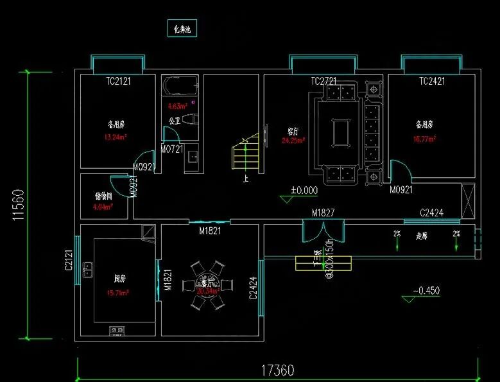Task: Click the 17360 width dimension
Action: pyautogui.click(x=277, y=370)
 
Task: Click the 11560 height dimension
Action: pyautogui.click(x=17, y=205)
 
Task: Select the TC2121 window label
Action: pyautogui.click(x=119, y=82)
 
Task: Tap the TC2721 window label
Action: pyautogui.click(x=323, y=82)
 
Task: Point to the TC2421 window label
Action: pyautogui.click(x=432, y=82)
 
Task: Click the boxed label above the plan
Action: pyautogui.click(x=183, y=29)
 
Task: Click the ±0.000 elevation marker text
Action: pyautogui.click(x=304, y=190)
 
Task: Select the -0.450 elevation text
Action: pyautogui.click(x=426, y=291)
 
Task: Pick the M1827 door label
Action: pyautogui.click(x=324, y=213)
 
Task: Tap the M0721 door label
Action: pyautogui.click(x=172, y=150)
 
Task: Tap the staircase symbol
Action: pyautogui.click(x=245, y=153)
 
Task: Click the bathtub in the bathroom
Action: pyautogui.click(x=180, y=85)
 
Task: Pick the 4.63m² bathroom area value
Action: pyautogui.click(x=177, y=106)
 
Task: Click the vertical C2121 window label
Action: pyautogui.click(x=69, y=260)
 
